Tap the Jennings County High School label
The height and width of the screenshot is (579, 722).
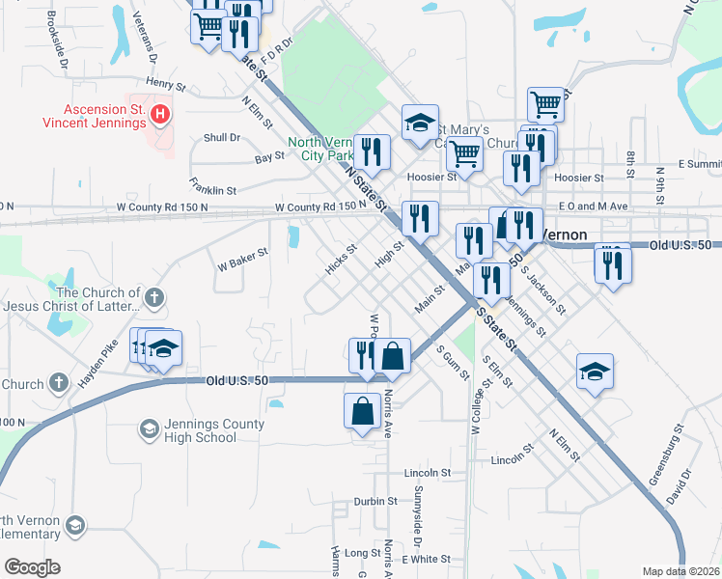pyautogui.click(x=201, y=430)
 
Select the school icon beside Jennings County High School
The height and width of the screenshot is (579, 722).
pyautogui.click(x=149, y=427)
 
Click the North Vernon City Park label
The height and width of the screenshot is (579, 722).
pyautogui.click(x=320, y=149)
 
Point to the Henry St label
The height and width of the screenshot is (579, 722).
pyautogui.click(x=165, y=84)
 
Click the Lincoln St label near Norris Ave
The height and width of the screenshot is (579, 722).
pyautogui.click(x=429, y=474)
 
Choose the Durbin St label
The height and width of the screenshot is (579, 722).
pyautogui.click(x=375, y=501)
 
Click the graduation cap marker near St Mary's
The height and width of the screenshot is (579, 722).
pyautogui.click(x=420, y=123)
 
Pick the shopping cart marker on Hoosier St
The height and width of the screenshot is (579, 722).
pyautogui.click(x=465, y=153)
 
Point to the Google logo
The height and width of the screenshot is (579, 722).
pyautogui.click(x=32, y=567)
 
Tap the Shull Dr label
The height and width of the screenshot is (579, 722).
pyautogui.click(x=222, y=138)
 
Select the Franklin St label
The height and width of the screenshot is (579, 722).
pyautogui.click(x=213, y=190)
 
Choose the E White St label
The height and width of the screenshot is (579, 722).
pyautogui.click(x=427, y=559)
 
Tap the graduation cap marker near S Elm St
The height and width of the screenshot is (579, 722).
pyautogui.click(x=595, y=372)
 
